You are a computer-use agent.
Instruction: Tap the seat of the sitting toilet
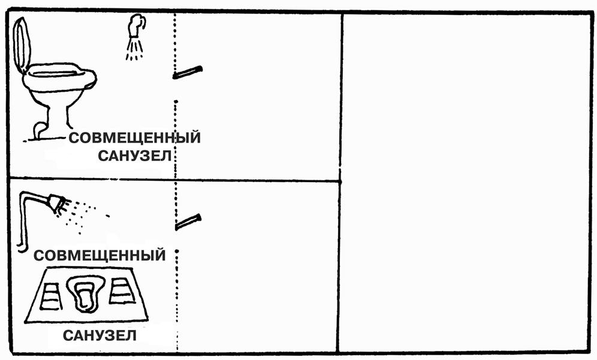60,75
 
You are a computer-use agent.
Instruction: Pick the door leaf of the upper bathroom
188,72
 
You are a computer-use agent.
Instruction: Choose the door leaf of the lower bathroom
188,221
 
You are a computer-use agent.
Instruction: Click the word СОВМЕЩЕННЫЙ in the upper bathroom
134,138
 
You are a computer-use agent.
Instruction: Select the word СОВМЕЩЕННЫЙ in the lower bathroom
99,256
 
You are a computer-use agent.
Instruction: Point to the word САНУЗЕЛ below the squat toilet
99,336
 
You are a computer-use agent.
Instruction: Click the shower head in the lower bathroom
57,203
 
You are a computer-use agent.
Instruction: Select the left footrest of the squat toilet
50,295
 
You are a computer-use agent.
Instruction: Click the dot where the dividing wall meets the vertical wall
340,180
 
